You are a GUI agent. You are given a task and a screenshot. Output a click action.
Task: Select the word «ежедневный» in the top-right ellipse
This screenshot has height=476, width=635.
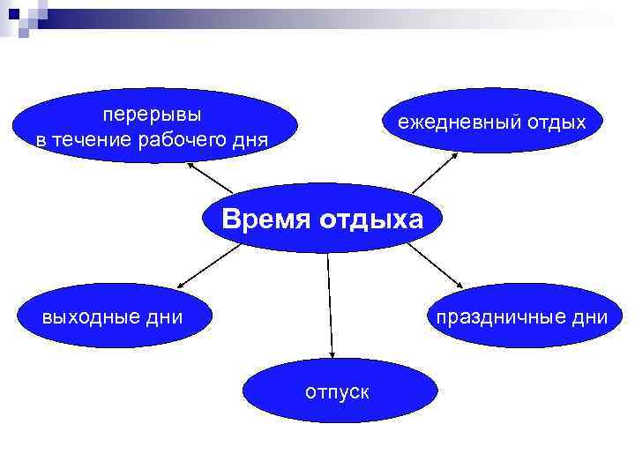(x=448, y=122)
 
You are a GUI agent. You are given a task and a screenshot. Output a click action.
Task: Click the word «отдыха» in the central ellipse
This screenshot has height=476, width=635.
(x=370, y=219)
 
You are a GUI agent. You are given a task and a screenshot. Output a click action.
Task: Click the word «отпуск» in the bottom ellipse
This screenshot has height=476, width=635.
(x=337, y=390)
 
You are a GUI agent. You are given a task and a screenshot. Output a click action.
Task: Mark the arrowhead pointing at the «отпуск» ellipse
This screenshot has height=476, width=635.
(x=333, y=353)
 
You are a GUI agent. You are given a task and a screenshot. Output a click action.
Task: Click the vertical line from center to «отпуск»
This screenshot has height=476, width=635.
(x=330, y=300)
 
